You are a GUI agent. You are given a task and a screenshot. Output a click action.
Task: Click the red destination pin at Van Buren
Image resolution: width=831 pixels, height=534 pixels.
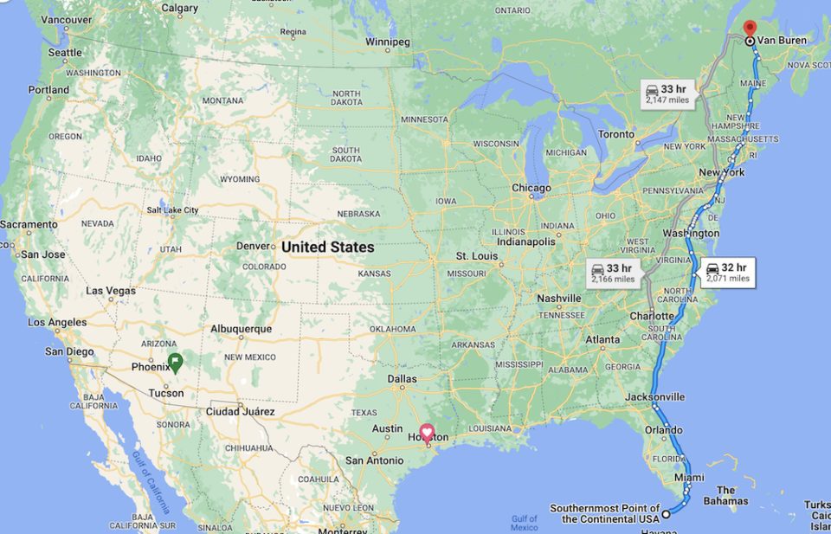[x=750, y=28]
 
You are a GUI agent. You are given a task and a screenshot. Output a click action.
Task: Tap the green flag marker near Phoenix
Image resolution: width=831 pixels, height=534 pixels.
[x=174, y=362]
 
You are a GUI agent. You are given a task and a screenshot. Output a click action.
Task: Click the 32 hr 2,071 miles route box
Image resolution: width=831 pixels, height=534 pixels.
[x=727, y=273]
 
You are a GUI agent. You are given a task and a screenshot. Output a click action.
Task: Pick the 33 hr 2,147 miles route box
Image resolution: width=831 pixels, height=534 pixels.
[x=667, y=93]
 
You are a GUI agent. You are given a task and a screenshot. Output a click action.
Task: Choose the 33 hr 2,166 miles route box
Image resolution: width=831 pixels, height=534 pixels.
[x=613, y=273]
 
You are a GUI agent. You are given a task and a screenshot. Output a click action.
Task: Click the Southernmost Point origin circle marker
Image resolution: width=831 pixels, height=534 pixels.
[x=667, y=515]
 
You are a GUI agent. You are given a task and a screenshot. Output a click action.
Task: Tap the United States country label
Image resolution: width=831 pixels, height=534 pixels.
[x=328, y=247]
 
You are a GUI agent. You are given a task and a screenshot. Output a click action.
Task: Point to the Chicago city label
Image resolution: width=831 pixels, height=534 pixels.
[x=531, y=188]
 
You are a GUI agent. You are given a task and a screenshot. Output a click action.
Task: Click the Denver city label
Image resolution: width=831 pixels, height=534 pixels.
[x=254, y=246]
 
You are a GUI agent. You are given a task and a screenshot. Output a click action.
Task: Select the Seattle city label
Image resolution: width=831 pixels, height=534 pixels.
[x=65, y=53]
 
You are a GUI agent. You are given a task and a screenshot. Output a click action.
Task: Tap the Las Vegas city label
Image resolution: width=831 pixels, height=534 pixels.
[x=111, y=291]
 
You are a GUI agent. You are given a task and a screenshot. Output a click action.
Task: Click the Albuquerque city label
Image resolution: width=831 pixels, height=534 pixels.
[x=241, y=329]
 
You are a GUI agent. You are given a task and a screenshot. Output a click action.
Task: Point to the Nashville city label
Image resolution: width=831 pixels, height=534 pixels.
[x=558, y=298]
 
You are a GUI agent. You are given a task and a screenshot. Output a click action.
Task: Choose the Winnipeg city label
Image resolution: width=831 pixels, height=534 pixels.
[x=387, y=42]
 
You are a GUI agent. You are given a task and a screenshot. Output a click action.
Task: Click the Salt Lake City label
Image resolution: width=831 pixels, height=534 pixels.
[x=172, y=210]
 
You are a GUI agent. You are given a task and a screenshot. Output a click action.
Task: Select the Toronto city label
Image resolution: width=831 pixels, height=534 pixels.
[x=616, y=134]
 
